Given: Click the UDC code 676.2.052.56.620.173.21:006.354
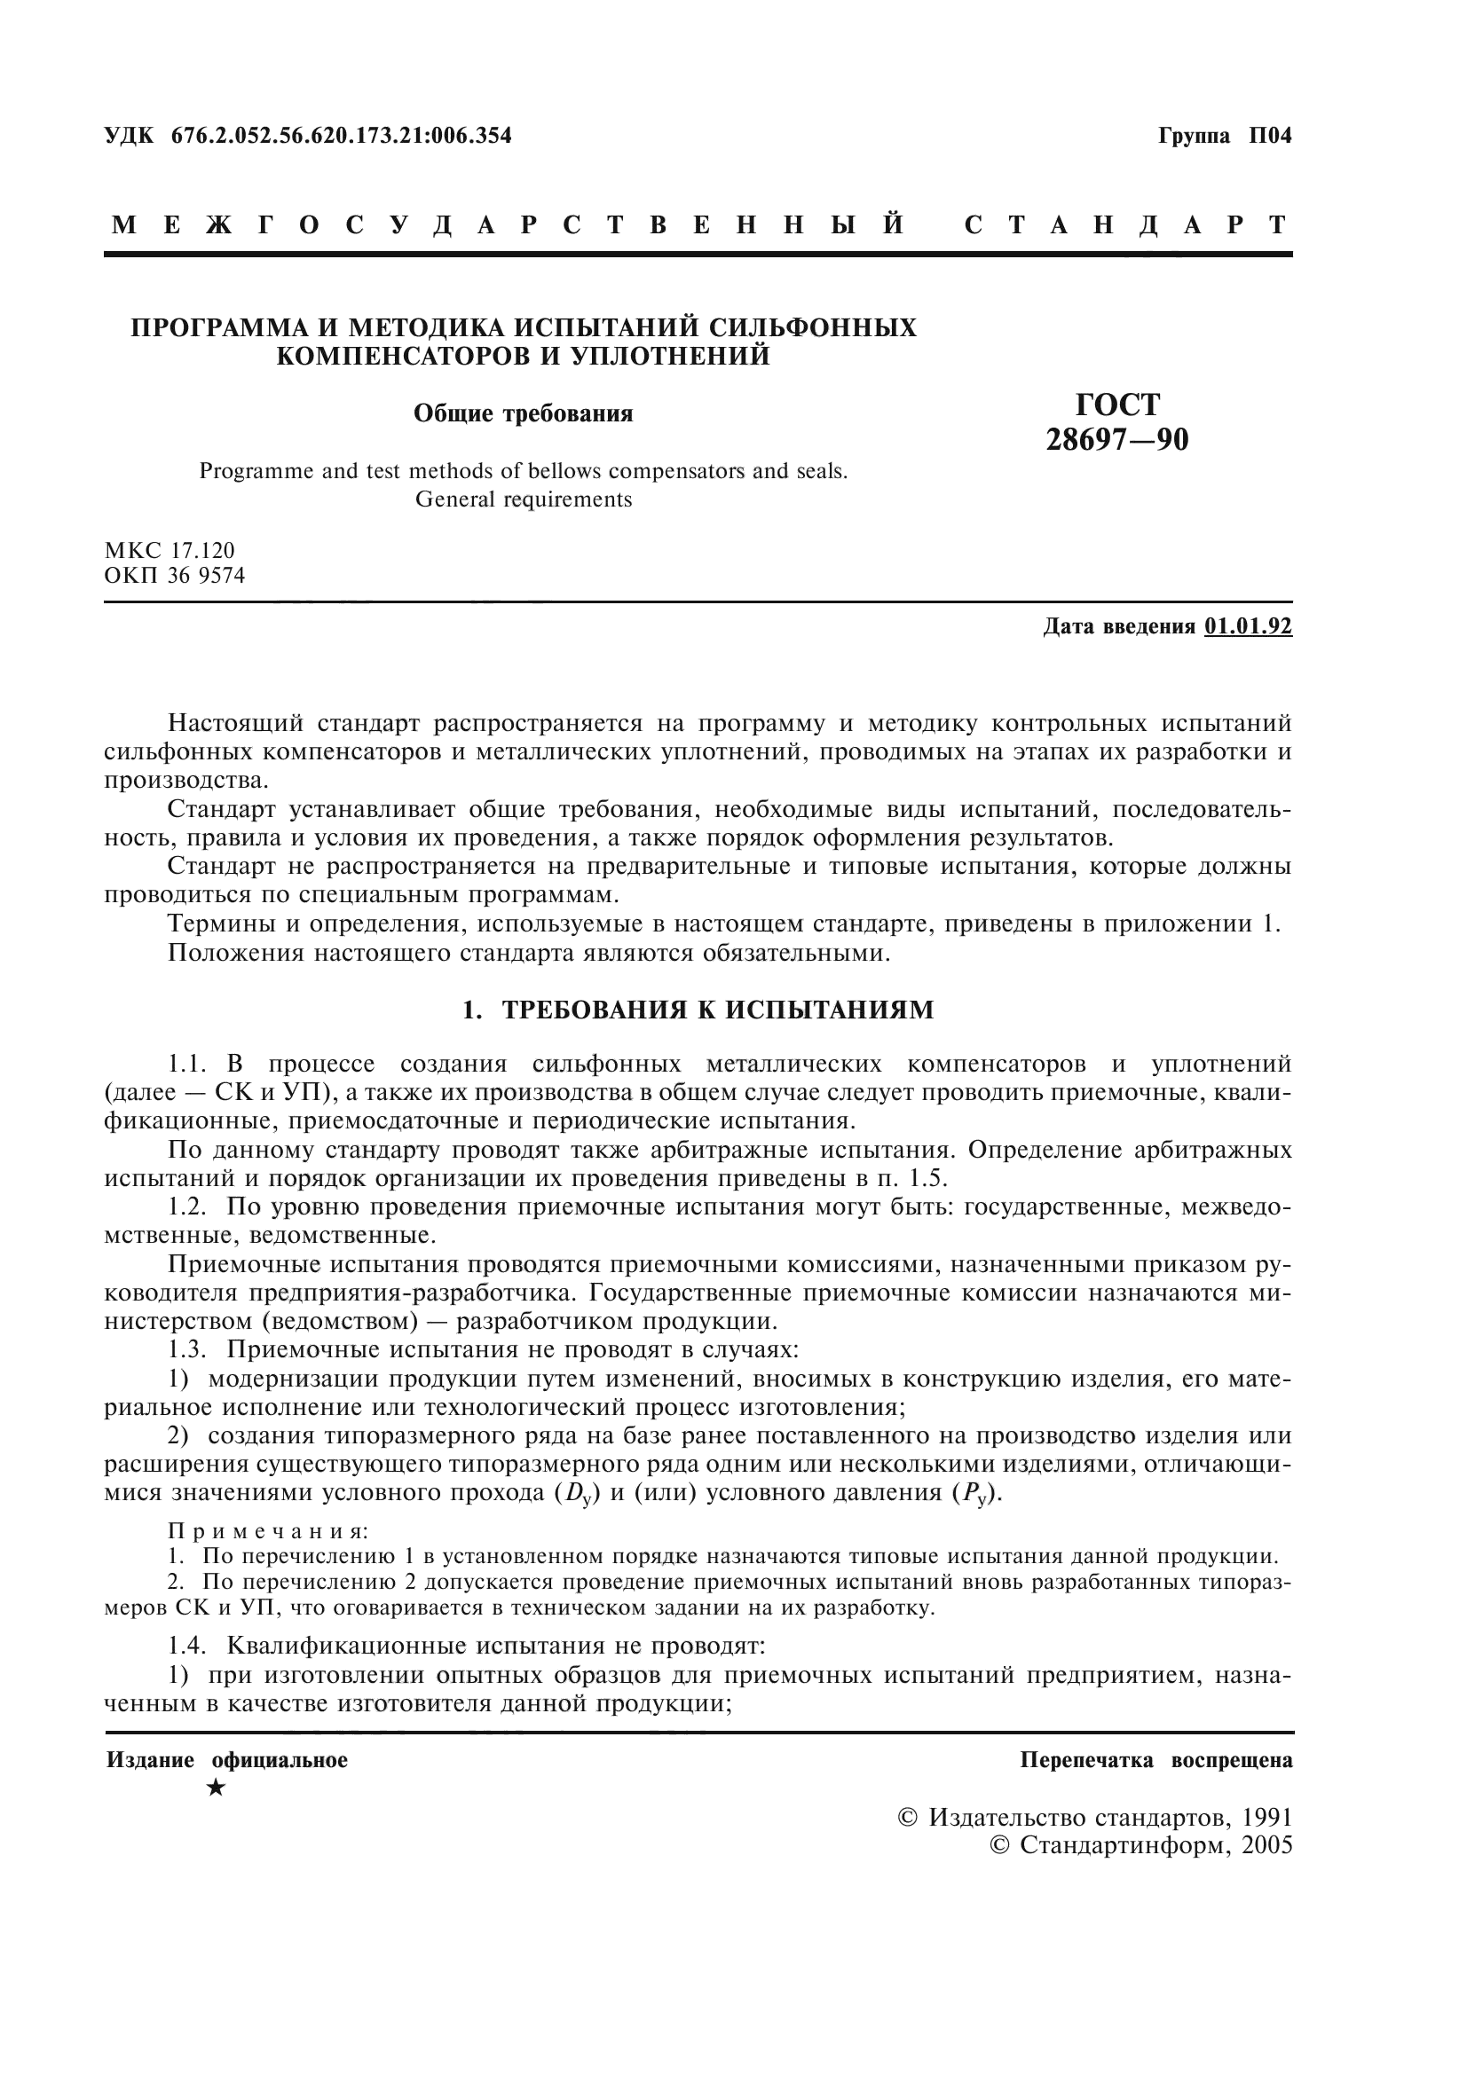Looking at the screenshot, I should click(x=341, y=137).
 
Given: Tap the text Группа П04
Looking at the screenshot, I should click(x=1225, y=137).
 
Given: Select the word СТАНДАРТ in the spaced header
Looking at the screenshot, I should click(x=1126, y=225).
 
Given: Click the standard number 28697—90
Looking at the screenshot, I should click(x=1117, y=440).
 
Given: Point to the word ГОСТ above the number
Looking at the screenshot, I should click(x=1117, y=404).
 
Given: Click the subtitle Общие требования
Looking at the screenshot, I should click(x=524, y=414).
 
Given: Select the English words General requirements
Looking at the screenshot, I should click(x=524, y=499).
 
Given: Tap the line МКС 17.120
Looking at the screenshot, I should click(x=170, y=550).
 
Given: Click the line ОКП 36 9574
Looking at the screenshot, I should click(x=175, y=576).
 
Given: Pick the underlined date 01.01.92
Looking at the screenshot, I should click(x=1248, y=626).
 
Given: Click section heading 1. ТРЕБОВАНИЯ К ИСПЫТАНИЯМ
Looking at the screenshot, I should click(x=698, y=1010).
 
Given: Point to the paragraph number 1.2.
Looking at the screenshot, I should click(x=190, y=1207).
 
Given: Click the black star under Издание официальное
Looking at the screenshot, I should click(x=215, y=1788).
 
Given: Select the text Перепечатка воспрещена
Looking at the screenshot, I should click(x=1156, y=1760).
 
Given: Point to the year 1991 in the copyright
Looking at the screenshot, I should click(x=1267, y=1818).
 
